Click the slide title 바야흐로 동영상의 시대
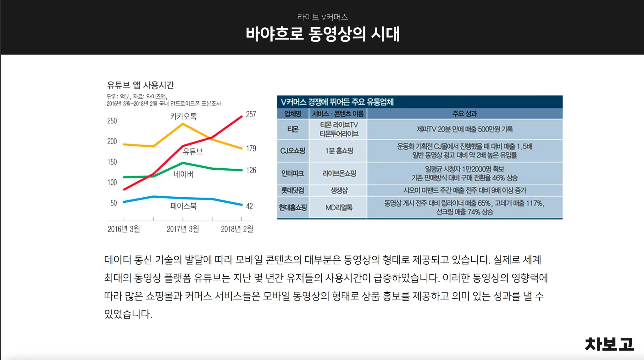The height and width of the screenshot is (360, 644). (x=323, y=34)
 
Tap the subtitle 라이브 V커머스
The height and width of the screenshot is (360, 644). (x=323, y=17)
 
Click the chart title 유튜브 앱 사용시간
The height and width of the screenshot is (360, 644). (x=140, y=85)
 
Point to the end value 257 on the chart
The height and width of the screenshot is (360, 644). (x=251, y=114)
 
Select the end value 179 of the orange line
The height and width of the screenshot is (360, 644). (x=251, y=148)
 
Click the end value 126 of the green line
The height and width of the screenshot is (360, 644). (x=251, y=170)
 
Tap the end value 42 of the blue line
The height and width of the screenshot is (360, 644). (x=249, y=206)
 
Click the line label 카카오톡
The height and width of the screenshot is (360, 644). (x=183, y=116)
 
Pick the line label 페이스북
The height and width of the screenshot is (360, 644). (x=183, y=206)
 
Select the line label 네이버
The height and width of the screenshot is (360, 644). (x=183, y=174)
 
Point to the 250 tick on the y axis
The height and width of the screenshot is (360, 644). (x=112, y=121)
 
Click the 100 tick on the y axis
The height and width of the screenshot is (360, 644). (x=112, y=183)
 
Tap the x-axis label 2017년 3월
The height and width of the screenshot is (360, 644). (x=183, y=229)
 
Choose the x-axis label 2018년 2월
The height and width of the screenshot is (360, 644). (x=237, y=229)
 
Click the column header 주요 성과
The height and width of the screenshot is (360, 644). (x=464, y=114)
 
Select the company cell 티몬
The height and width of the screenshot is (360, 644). (x=292, y=129)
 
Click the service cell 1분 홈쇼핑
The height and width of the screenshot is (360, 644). (x=339, y=151)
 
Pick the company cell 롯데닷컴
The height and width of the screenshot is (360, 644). (x=292, y=190)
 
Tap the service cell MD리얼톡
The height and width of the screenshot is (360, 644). (x=339, y=207)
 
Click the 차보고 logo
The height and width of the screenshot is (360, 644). (x=609, y=344)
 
